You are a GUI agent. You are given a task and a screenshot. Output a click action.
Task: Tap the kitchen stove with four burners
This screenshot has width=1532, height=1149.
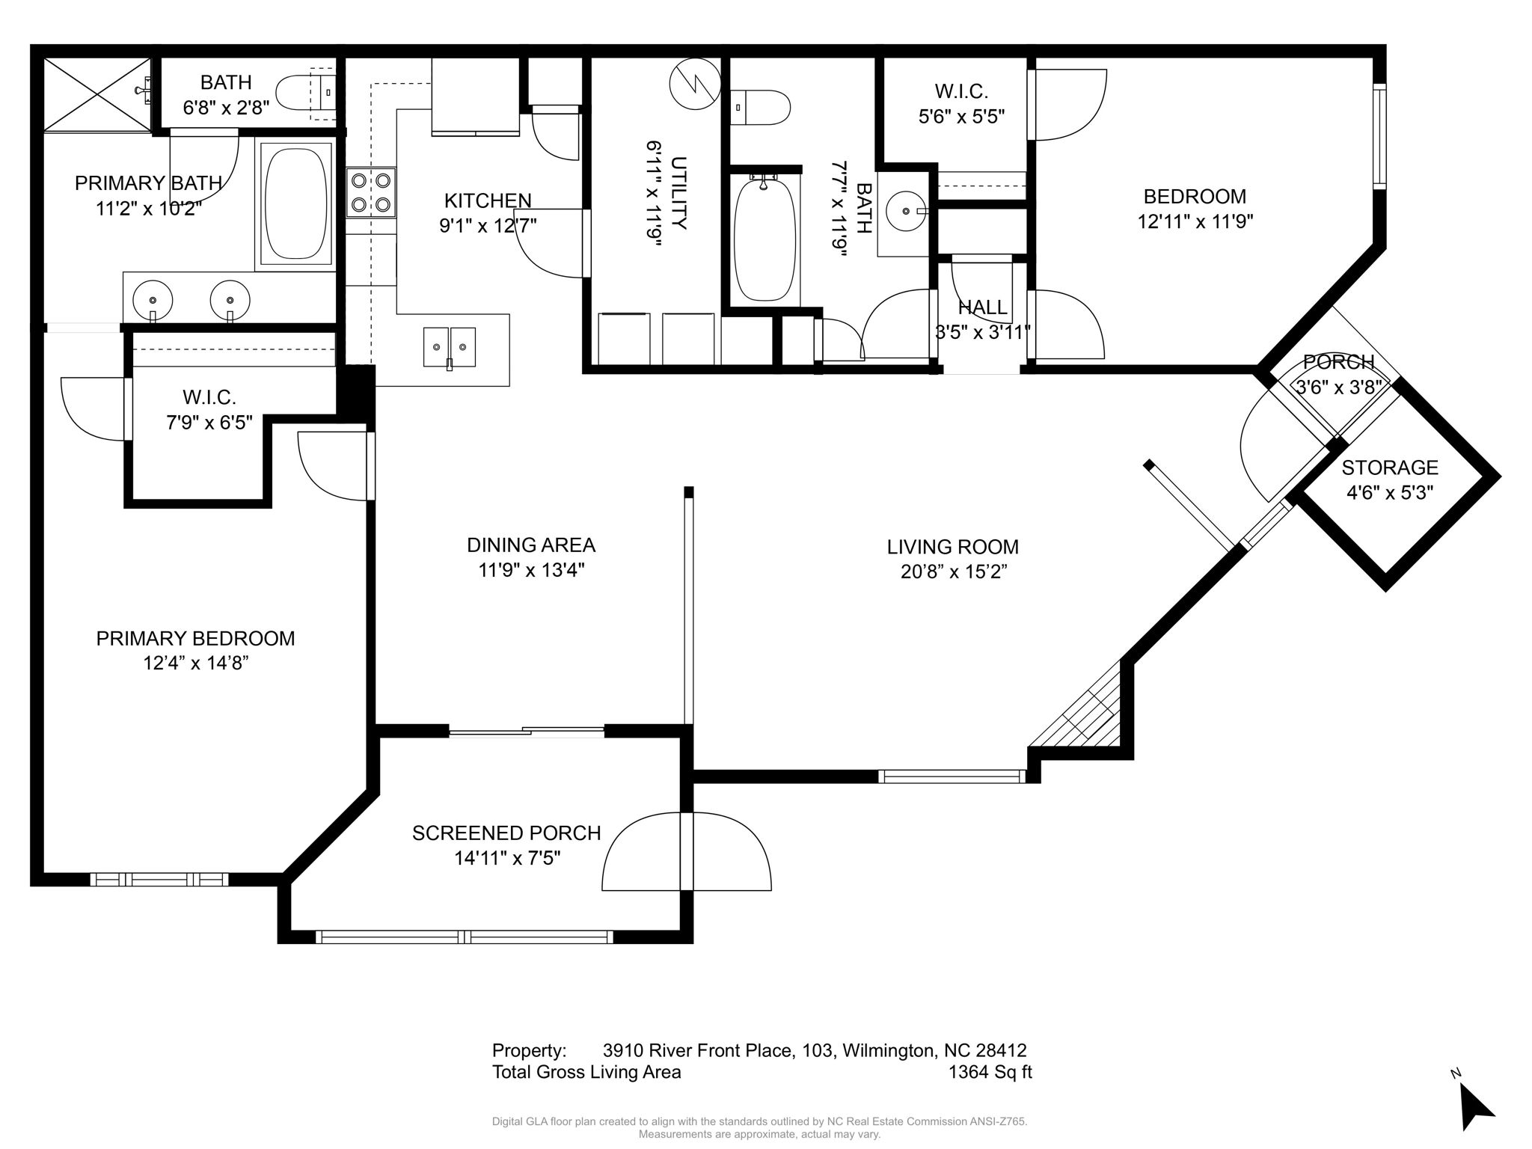click(371, 192)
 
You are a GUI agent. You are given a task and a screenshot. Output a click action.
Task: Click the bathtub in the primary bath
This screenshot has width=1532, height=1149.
click(296, 203)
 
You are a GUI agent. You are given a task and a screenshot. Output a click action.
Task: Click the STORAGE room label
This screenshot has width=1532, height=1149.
click(1389, 468)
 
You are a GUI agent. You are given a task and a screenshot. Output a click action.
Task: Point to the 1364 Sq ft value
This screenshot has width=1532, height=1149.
click(990, 1072)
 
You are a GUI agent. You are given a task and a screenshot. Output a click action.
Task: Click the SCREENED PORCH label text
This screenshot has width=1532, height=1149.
click(506, 833)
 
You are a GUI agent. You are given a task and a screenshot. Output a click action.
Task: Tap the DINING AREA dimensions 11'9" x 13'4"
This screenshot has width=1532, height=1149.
click(531, 570)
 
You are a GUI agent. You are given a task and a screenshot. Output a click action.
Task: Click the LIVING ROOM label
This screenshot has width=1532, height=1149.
click(952, 547)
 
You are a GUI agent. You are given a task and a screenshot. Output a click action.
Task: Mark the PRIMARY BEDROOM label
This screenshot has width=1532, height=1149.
click(195, 638)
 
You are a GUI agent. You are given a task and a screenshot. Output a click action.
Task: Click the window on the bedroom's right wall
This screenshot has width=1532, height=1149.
click(1379, 136)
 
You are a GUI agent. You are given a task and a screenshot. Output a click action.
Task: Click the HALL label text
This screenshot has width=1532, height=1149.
click(982, 307)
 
